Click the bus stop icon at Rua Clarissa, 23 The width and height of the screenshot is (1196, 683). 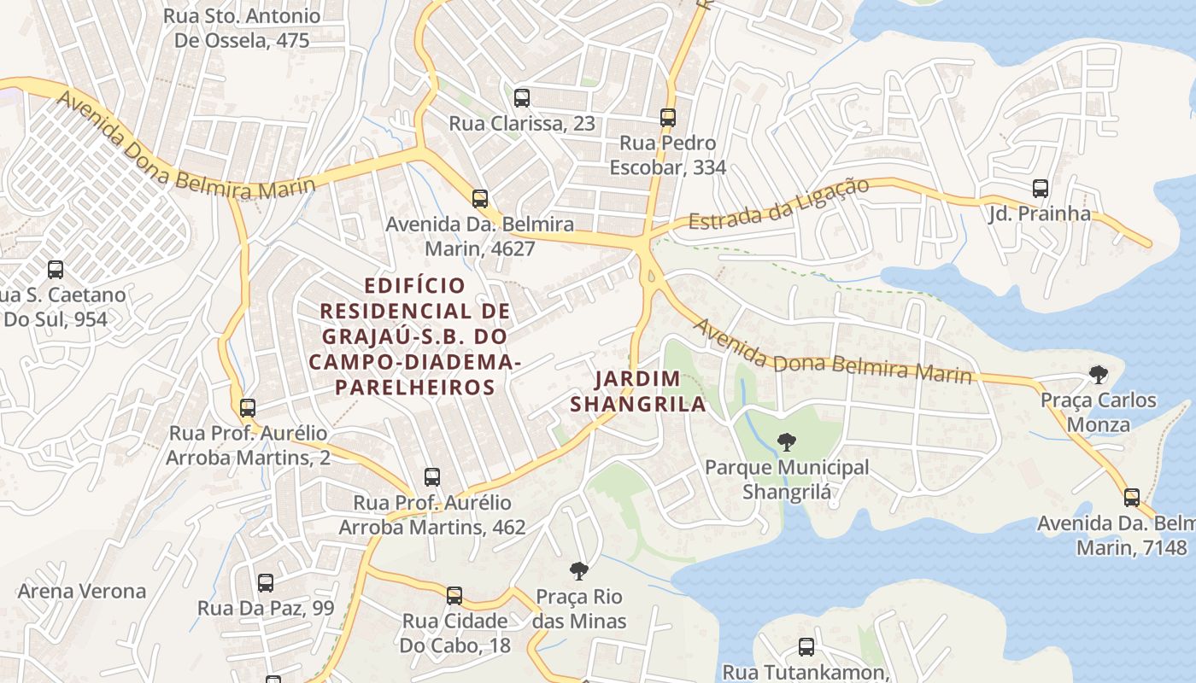pyautogui.click(x=522, y=97)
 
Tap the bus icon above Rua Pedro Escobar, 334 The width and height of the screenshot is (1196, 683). pyautogui.click(x=668, y=117)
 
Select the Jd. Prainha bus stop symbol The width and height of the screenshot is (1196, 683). pyautogui.click(x=1040, y=189)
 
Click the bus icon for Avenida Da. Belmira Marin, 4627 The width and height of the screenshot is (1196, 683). pyautogui.click(x=480, y=199)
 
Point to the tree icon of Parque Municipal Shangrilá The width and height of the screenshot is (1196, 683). pyautogui.click(x=787, y=442)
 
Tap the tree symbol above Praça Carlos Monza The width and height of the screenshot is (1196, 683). pyautogui.click(x=1099, y=374)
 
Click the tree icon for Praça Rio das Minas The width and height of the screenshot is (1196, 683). pyautogui.click(x=579, y=571)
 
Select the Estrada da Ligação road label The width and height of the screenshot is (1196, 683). pyautogui.click(x=778, y=205)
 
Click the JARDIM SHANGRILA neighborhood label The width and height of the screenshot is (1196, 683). pyautogui.click(x=638, y=391)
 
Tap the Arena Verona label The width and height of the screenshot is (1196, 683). pyautogui.click(x=82, y=591)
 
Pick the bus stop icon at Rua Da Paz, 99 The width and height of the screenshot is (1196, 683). pyautogui.click(x=266, y=583)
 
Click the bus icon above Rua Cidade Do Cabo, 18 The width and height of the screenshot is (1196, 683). pyautogui.click(x=454, y=595)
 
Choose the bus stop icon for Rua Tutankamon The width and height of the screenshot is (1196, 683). pyautogui.click(x=806, y=647)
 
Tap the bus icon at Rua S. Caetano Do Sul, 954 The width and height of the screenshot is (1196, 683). pyautogui.click(x=56, y=270)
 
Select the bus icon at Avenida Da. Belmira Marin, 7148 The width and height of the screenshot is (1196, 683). pyautogui.click(x=1132, y=498)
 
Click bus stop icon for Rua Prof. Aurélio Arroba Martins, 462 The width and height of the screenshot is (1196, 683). pyautogui.click(x=432, y=477)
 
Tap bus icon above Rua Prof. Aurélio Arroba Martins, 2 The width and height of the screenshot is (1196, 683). pyautogui.click(x=248, y=408)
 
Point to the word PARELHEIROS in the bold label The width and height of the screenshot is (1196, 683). pyautogui.click(x=414, y=388)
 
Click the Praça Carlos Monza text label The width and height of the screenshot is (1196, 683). pyautogui.click(x=1098, y=412)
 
